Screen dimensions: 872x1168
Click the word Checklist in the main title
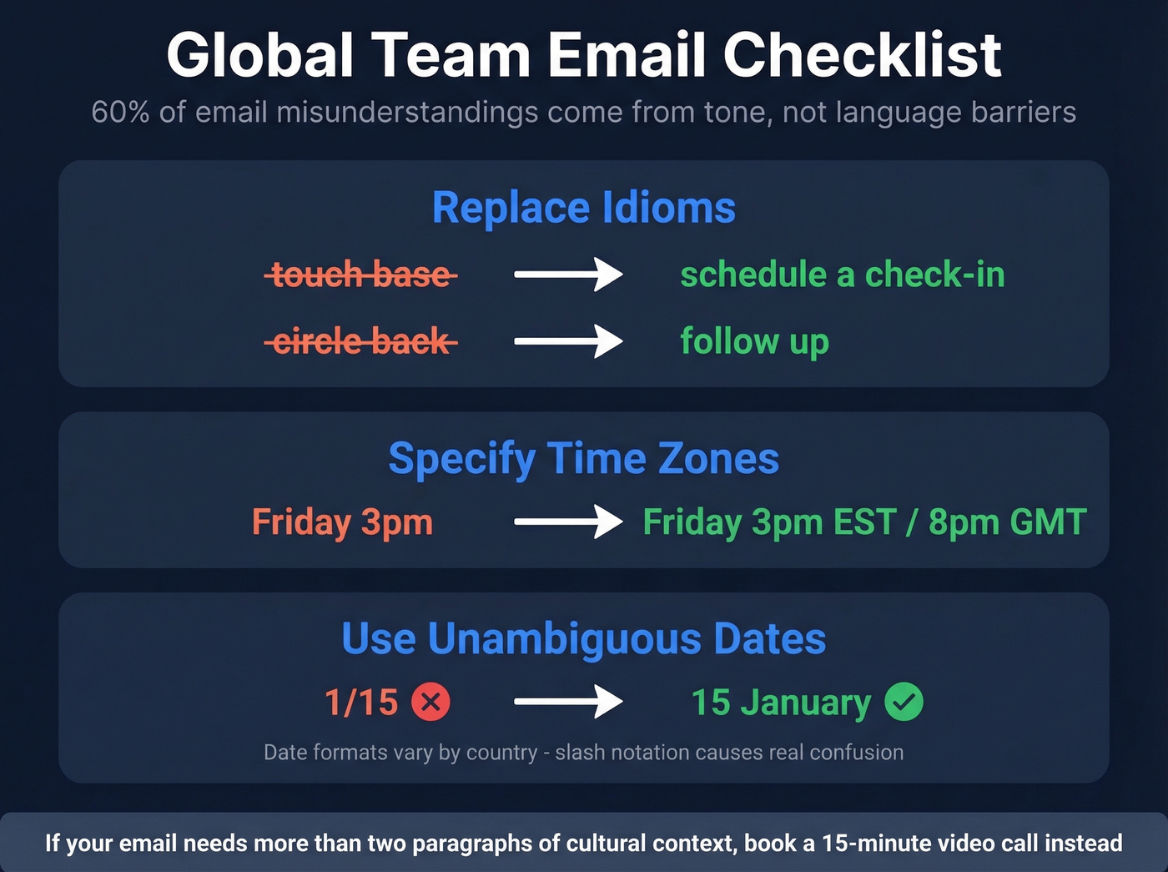[862, 56]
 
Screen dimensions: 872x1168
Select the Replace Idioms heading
[584, 208]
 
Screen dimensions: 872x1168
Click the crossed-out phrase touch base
[361, 275]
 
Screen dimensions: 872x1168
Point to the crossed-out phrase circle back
[361, 341]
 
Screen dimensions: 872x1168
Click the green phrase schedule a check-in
[843, 275]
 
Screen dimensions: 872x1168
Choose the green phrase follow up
[754, 341]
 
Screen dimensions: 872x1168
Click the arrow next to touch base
[568, 274]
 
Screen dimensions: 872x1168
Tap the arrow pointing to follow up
[568, 341]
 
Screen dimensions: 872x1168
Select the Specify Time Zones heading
[584, 459]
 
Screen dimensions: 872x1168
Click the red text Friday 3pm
[342, 522]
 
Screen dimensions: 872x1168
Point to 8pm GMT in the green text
[1007, 522]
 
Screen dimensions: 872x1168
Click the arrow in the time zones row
[568, 522]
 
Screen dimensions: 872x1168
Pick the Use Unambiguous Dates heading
[584, 639]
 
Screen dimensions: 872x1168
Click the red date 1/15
[361, 703]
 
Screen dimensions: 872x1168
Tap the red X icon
[430, 702]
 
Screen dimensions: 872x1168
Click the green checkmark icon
[904, 702]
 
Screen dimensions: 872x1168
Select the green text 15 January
[781, 703]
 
